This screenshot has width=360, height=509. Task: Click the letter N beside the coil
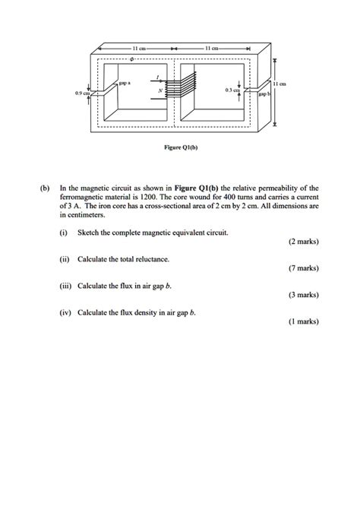coord(159,90)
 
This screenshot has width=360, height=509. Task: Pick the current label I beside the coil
coord(156,76)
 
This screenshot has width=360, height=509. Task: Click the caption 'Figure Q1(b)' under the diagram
coord(179,150)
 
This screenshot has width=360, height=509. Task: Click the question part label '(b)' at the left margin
coord(44,186)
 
